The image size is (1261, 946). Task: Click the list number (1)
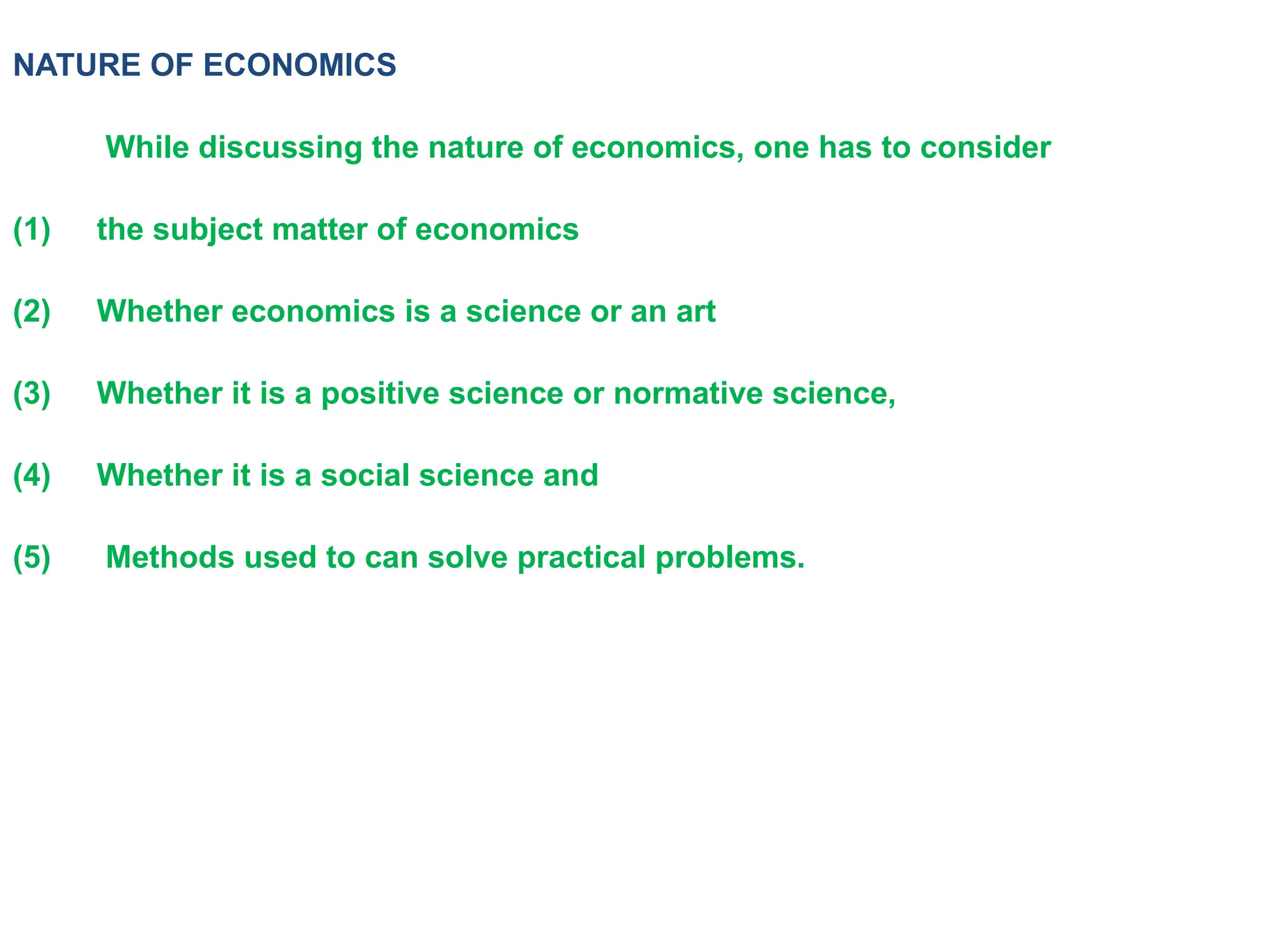31,230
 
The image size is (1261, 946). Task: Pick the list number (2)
31,312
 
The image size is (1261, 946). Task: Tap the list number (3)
31,394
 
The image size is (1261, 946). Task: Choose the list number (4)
31,475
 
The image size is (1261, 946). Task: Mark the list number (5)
31,557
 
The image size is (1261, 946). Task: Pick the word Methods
170,557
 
